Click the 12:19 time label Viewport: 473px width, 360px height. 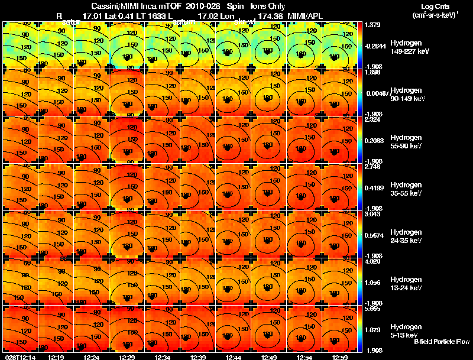pos(56,357)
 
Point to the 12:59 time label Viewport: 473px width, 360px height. pos(340,357)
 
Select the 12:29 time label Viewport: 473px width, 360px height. pos(127,357)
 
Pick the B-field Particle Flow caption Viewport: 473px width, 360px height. pos(442,342)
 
